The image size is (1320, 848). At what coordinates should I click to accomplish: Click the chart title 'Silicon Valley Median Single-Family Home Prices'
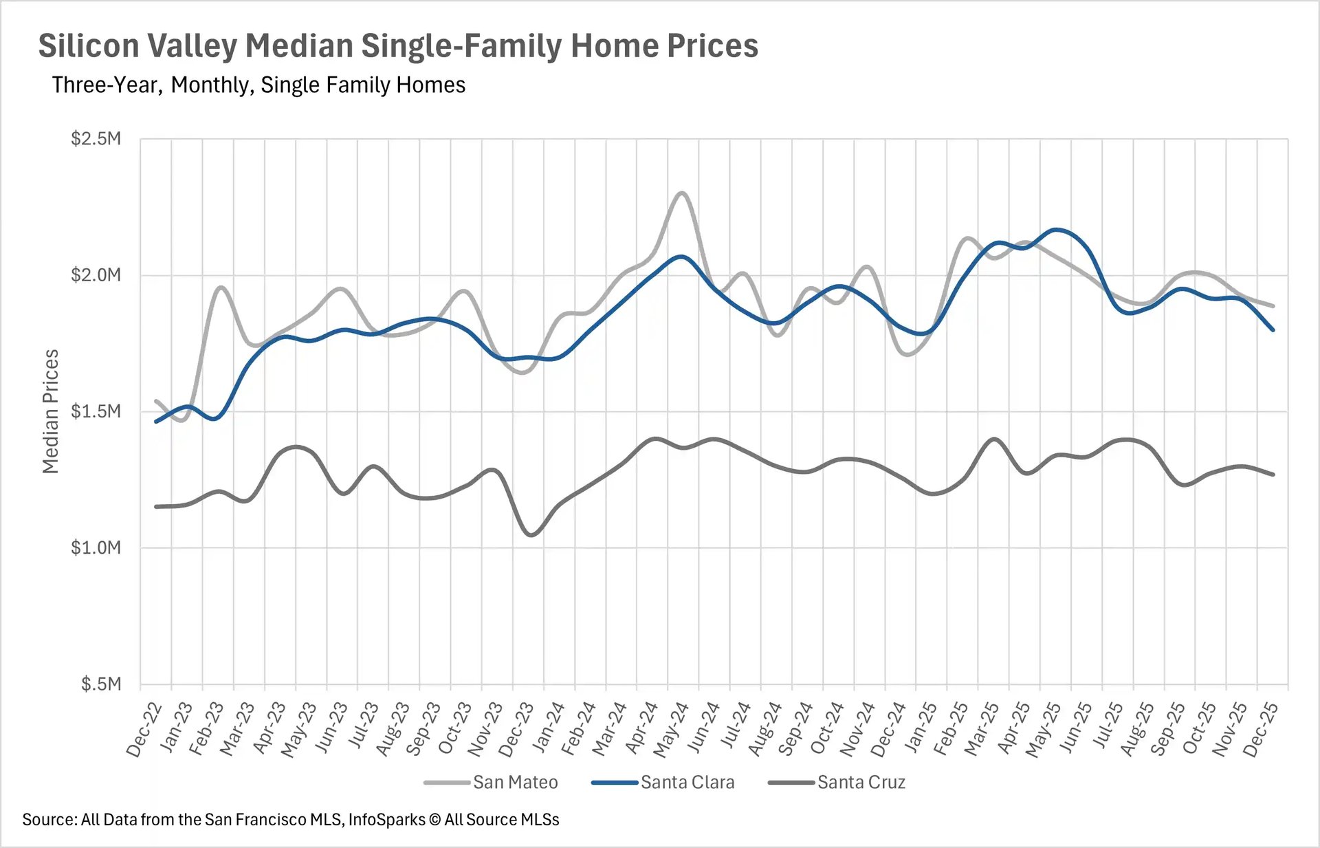[397, 46]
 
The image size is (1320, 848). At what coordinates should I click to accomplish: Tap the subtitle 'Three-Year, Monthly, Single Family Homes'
[258, 85]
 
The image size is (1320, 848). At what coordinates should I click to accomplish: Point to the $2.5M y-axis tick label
[96, 139]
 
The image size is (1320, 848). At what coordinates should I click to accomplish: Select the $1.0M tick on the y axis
[96, 547]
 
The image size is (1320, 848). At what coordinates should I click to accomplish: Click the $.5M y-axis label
[100, 684]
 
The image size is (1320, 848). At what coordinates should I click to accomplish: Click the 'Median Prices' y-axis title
[50, 411]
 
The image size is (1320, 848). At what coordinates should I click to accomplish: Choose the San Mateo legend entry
[514, 782]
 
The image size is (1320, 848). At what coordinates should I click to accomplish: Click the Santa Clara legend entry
[687, 782]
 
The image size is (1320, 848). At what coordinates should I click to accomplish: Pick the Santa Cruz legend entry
[861, 782]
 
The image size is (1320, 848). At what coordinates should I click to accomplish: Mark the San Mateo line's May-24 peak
[682, 193]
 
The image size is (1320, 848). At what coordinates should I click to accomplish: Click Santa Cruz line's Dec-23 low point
[531, 535]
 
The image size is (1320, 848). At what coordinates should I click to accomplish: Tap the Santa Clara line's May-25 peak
[1057, 230]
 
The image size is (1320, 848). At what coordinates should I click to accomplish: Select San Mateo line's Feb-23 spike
[221, 287]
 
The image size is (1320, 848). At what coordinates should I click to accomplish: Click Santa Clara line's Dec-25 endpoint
[1273, 330]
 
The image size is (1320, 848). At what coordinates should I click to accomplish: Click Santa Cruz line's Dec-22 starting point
[157, 507]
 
